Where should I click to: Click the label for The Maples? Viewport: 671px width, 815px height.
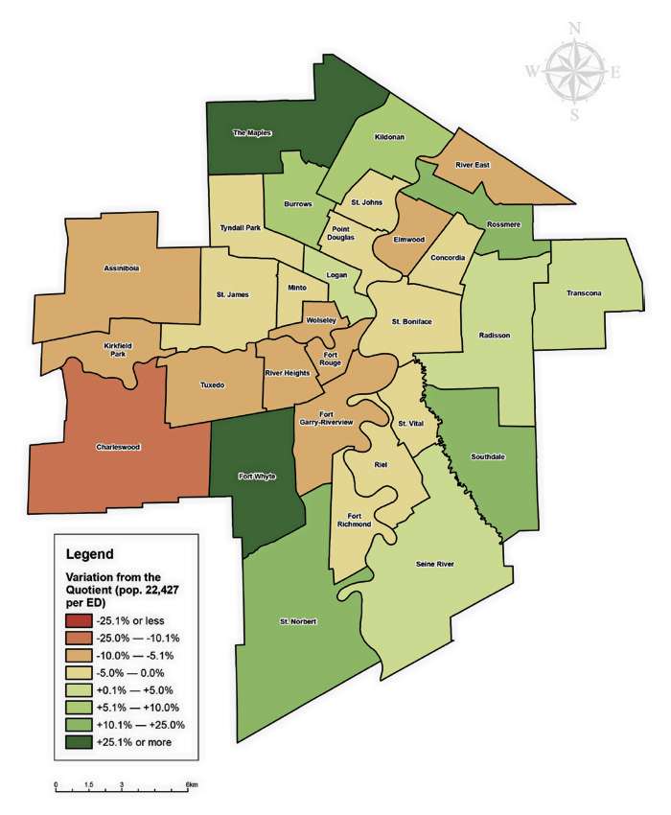click(253, 133)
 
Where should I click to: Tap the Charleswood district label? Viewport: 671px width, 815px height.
click(118, 447)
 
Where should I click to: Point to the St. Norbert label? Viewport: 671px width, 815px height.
click(298, 621)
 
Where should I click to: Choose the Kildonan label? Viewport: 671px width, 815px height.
click(389, 137)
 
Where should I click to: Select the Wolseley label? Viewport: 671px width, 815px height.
click(320, 319)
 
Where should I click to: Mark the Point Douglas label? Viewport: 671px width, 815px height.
click(342, 233)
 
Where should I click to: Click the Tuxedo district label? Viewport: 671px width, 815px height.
click(212, 384)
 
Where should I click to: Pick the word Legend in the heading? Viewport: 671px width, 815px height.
click(91, 554)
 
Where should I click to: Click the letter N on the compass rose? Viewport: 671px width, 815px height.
click(574, 28)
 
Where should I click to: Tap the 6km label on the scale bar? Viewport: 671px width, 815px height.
click(192, 785)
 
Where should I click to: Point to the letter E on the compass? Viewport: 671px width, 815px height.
click(615, 72)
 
